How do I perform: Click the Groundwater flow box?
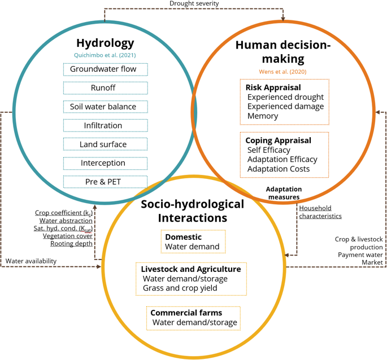pos(105,69)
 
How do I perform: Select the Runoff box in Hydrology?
pos(105,88)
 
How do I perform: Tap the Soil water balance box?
pos(105,107)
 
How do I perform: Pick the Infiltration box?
pos(105,125)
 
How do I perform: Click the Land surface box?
pos(105,144)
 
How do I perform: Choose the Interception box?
pos(105,163)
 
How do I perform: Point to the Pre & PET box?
pos(105,182)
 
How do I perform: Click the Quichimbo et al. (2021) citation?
pos(105,55)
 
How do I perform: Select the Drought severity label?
pos(194,4)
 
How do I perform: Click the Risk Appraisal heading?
pos(273,87)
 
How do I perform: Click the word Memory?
pos(262,116)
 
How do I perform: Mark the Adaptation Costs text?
pos(279,169)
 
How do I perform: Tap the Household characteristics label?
pos(320,212)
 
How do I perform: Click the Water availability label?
pos(32,261)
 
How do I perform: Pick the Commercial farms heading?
pos(186,313)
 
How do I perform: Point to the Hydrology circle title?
pos(105,43)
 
